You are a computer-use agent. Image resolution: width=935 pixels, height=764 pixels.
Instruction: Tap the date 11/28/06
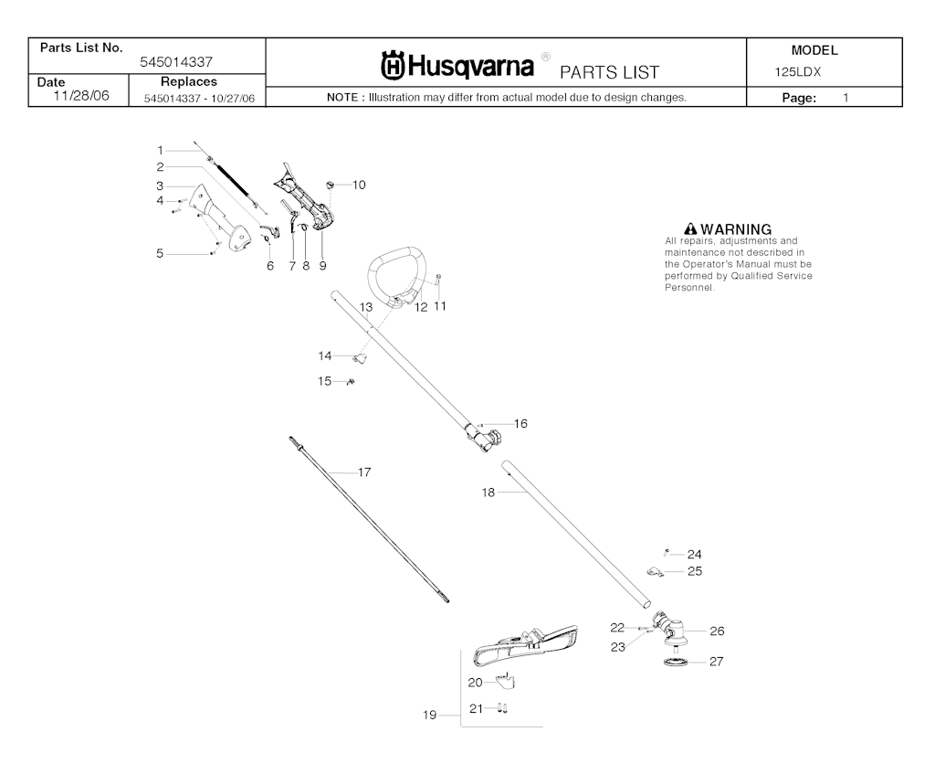(x=81, y=95)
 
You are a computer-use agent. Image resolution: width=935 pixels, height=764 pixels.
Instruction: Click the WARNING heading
(x=727, y=228)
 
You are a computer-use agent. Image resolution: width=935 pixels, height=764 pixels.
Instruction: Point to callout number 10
(x=359, y=185)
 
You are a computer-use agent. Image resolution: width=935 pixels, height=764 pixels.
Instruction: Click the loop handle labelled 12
(x=399, y=274)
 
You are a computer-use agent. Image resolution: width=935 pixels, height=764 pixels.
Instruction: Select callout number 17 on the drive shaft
(x=364, y=472)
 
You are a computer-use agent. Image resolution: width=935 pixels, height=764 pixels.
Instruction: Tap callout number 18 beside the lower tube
(x=489, y=492)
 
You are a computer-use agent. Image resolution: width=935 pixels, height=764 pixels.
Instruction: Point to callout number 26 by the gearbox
(x=717, y=631)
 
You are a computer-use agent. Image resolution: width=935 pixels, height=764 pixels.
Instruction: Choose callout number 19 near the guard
(x=429, y=716)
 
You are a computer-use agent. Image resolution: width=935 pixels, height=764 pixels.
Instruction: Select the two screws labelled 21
(x=502, y=707)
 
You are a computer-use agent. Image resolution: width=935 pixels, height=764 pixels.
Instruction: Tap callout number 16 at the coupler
(x=520, y=423)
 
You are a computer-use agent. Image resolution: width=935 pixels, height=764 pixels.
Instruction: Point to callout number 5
(x=160, y=253)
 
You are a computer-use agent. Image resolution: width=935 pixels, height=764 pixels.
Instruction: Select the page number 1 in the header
(x=846, y=97)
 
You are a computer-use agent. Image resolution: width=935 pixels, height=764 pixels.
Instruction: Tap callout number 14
(x=325, y=355)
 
